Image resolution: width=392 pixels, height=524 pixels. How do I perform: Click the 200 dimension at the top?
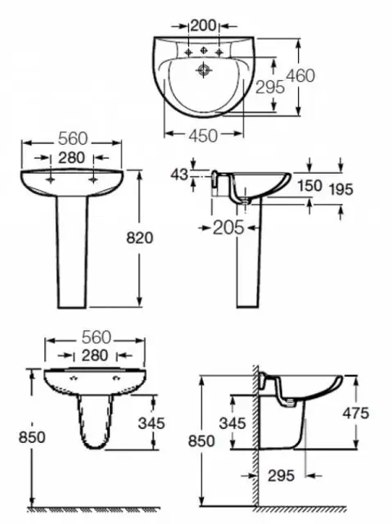203,25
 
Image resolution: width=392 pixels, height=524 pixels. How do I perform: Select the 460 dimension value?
300,76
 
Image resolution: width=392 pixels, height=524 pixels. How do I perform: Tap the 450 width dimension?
203,136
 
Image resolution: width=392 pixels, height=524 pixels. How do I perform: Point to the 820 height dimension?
140,238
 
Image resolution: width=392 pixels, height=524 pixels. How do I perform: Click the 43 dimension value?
179,174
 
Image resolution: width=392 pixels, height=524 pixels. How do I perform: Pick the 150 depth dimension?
310,186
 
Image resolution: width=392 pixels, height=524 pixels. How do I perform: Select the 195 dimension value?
341,190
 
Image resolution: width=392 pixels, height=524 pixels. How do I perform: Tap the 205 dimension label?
228,228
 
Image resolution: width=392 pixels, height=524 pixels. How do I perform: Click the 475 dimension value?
356,413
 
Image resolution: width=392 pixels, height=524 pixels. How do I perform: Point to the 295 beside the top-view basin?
270,88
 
